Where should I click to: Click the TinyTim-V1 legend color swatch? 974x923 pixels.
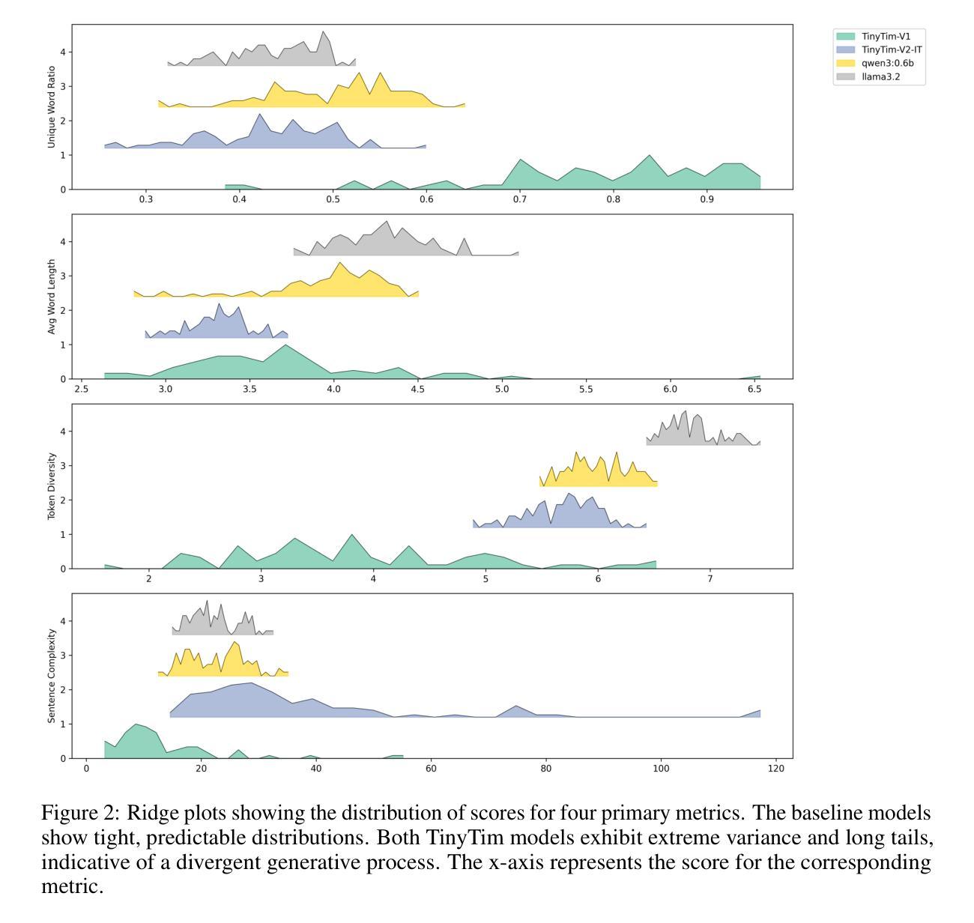845,36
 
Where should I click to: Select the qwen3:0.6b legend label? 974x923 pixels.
887,63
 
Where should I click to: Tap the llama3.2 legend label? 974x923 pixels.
880,76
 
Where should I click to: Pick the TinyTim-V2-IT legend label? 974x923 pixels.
892,49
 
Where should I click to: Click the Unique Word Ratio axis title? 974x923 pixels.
52,107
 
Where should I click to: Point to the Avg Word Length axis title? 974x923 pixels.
52,297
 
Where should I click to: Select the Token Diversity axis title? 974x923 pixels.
52,486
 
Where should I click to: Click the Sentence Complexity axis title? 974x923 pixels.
52,676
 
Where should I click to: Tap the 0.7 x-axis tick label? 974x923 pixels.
520,200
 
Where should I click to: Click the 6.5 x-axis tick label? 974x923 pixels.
754,390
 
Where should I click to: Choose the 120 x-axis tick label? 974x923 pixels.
775,769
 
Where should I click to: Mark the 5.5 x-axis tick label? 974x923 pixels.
586,390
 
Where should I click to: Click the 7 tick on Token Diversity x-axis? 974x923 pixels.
710,579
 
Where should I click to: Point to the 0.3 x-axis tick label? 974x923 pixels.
146,200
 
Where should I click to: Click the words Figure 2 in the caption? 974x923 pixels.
80,814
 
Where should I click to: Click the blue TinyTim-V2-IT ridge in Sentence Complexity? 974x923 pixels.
247,702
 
